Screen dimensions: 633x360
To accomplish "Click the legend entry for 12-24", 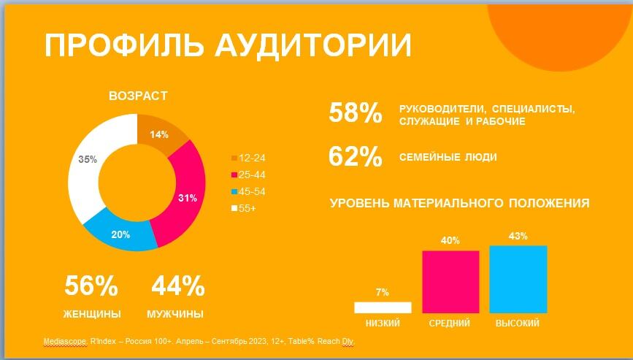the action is [248, 158].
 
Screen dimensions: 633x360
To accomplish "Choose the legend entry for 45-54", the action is [248, 192].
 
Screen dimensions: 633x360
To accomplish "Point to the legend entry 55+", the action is [244, 208].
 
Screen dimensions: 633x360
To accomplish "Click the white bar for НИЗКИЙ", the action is [383, 307].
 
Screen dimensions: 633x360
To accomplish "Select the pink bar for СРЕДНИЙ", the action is [450, 282].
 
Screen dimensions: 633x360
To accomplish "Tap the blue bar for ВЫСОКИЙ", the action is [518, 279].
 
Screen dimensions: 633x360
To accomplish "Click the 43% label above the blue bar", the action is [518, 236].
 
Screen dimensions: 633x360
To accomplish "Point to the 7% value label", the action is [383, 292].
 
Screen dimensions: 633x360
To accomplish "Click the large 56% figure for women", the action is [91, 286].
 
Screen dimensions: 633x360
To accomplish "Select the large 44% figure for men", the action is [178, 286].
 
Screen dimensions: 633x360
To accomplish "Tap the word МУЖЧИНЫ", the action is [175, 314].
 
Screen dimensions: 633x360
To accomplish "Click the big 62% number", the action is [356, 156].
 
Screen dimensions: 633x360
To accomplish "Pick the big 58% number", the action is [356, 112].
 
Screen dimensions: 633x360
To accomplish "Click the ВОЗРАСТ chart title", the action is [138, 96].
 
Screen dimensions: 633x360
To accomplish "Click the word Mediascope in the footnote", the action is [64, 342].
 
